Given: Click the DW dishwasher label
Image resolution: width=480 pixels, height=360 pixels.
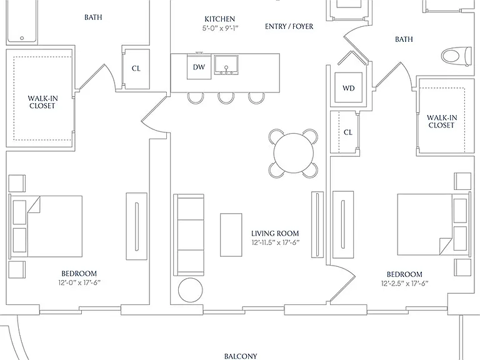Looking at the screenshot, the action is tap(199, 67).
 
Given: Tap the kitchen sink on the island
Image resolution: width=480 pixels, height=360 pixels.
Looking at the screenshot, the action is tap(226, 65).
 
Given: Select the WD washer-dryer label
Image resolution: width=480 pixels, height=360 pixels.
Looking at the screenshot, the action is tap(349, 88).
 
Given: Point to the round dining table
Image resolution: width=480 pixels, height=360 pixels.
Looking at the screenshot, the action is tap(294, 153).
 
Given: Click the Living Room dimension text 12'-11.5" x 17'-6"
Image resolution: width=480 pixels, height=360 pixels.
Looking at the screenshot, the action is tap(275, 242).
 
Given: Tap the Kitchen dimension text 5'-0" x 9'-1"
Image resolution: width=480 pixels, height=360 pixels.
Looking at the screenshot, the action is tap(220, 28).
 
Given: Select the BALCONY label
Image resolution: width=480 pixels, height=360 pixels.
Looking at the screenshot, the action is tap(241, 356).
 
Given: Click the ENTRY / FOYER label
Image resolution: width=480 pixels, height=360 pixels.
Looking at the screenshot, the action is tap(289, 26).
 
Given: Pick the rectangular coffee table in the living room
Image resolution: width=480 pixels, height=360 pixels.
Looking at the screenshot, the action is tap(231, 235).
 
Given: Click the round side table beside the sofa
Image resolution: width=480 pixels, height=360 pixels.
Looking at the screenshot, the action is tap(191, 290).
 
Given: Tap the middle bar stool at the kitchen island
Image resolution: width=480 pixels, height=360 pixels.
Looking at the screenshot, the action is tap(226, 98).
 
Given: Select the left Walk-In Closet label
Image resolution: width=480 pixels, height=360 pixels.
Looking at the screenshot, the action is tap(42, 102).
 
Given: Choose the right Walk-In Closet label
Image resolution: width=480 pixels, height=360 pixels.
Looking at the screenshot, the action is tap(442, 121).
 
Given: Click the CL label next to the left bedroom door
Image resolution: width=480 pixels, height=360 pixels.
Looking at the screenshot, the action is tap(136, 69).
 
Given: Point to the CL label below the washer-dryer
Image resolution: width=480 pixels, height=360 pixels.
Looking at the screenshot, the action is tap(348, 132).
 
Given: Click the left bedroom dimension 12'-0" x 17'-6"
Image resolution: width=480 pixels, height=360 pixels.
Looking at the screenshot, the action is tap(79, 282).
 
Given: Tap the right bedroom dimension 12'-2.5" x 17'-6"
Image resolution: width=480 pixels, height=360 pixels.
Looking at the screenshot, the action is tap(405, 284).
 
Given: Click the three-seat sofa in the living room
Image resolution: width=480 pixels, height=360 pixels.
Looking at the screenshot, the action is tap(189, 235).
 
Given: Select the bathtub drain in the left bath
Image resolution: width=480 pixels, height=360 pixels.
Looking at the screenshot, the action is tap(22, 38).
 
